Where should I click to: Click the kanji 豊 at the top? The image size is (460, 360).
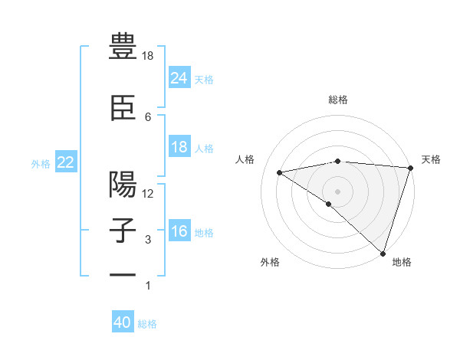pyautogui.click(x=123, y=47)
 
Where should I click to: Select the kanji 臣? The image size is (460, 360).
pyautogui.click(x=123, y=109)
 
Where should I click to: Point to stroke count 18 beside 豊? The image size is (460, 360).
pyautogui.click(x=148, y=56)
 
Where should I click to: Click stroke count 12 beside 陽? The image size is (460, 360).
pyautogui.click(x=148, y=194)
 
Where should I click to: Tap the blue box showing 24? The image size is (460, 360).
pyautogui.click(x=179, y=78)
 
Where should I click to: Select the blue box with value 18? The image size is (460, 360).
pyautogui.click(x=179, y=147)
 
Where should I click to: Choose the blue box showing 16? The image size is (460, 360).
pyautogui.click(x=179, y=231)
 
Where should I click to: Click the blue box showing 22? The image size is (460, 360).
pyautogui.click(x=66, y=162)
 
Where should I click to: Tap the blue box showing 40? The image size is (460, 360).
pyautogui.click(x=123, y=323)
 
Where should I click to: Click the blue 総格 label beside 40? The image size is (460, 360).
pyautogui.click(x=147, y=324)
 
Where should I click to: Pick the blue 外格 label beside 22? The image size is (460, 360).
pyautogui.click(x=41, y=163)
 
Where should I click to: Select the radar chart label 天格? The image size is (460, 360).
pyautogui.click(x=431, y=159)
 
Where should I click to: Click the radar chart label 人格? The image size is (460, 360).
pyautogui.click(x=245, y=159)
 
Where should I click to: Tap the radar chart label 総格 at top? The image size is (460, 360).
pyautogui.click(x=338, y=100)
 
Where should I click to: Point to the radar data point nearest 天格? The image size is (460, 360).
pyautogui.click(x=410, y=168)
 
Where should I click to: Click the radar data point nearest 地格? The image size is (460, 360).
pyautogui.click(x=382, y=252)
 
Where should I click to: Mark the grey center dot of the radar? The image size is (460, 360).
pyautogui.click(x=337, y=191)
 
